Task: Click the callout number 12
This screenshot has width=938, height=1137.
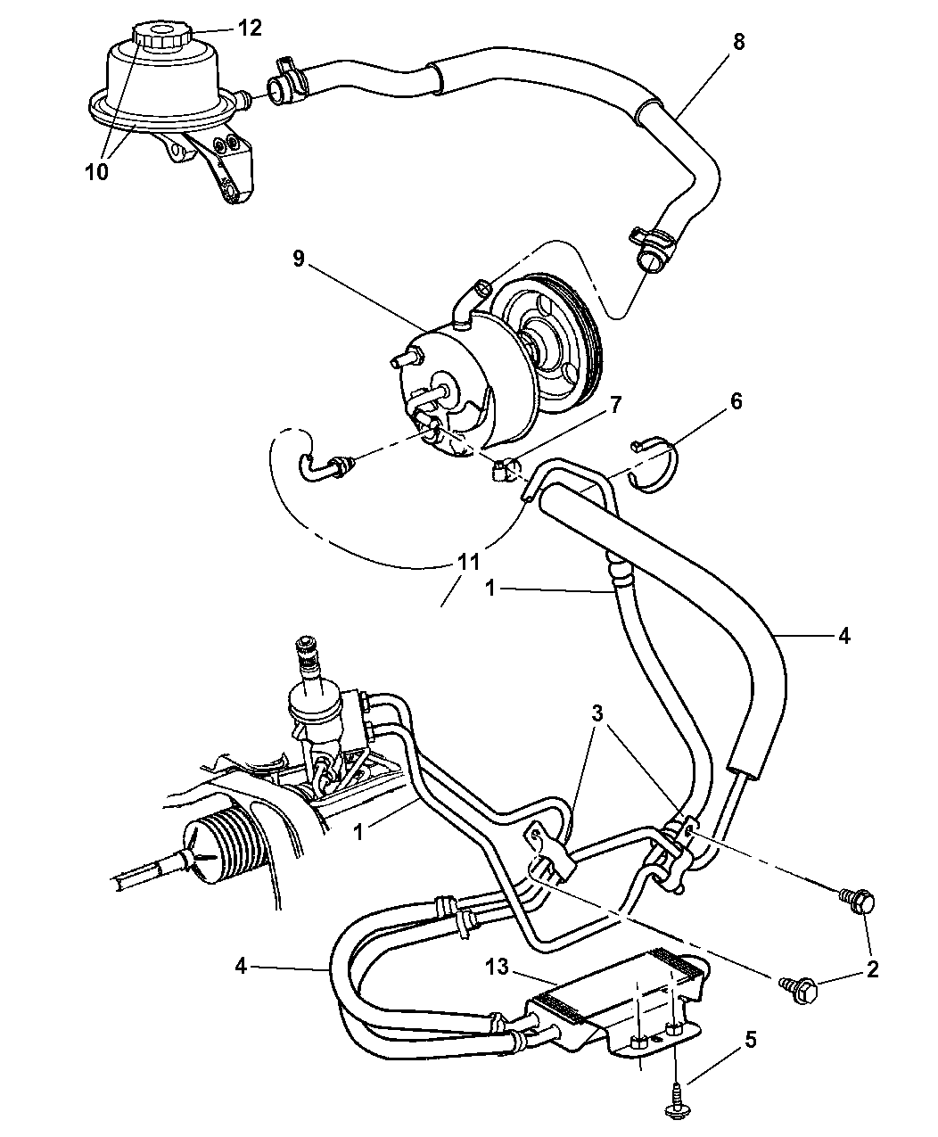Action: pyautogui.click(x=250, y=29)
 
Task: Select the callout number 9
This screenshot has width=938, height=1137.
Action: pyautogui.click(x=298, y=259)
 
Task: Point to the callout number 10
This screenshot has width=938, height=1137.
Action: pyautogui.click(x=97, y=171)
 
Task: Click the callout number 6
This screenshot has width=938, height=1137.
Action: pyautogui.click(x=736, y=401)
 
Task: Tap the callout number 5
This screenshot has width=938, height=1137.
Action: pyautogui.click(x=750, y=1039)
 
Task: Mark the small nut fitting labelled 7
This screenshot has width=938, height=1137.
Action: pyautogui.click(x=504, y=469)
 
